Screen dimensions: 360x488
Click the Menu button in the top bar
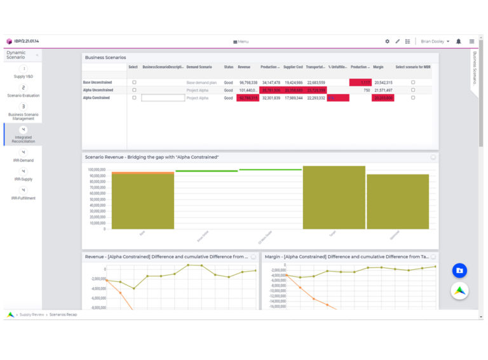click(x=241, y=41)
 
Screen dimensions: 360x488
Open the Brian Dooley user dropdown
click(x=435, y=41)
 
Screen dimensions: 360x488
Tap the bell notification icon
click(x=458, y=41)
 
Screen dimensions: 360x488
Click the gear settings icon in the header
click(x=387, y=41)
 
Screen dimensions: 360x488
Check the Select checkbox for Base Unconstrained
click(x=134, y=83)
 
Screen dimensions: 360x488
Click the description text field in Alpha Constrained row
click(x=163, y=98)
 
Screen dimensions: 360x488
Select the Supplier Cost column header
click(x=293, y=67)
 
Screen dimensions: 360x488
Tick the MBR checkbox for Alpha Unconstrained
click(x=413, y=90)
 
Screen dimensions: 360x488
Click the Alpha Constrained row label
click(x=96, y=98)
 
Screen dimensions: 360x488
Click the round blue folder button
click(x=459, y=270)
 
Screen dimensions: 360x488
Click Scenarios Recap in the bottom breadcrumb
click(x=64, y=314)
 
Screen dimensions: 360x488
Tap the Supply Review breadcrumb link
click(x=32, y=314)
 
